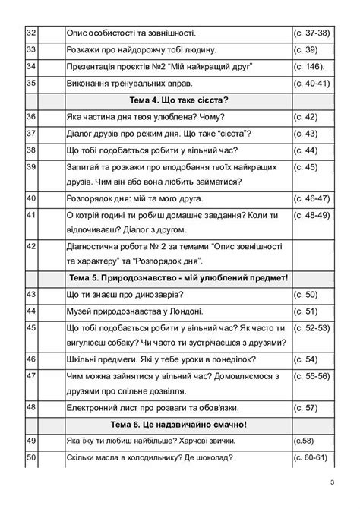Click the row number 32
click(31, 33)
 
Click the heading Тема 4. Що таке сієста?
click(179, 100)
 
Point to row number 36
click(31, 116)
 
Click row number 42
click(31, 246)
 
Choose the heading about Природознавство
click(179, 277)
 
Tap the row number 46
click(31, 359)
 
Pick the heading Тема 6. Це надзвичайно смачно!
click(179, 424)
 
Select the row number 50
click(31, 457)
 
